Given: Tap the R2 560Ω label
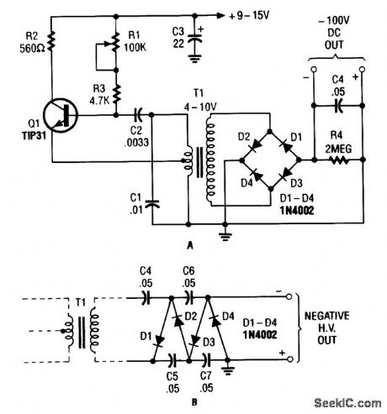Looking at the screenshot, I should click(x=21, y=41).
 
